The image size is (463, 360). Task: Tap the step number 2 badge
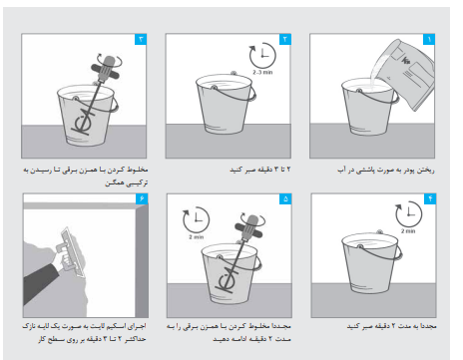(287, 39)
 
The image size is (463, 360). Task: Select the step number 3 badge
(141, 39)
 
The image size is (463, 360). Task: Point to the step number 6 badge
(141, 197)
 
